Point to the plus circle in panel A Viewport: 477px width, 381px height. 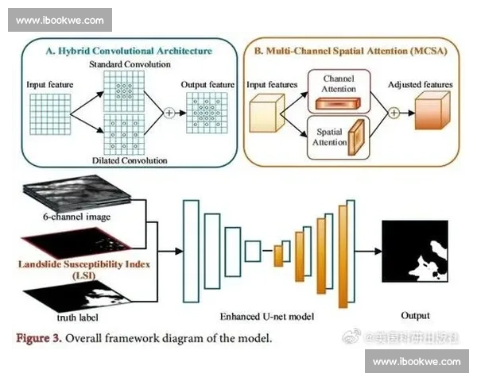point(169,112)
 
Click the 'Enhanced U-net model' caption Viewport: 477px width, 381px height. point(268,316)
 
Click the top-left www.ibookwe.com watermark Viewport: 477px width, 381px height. point(60,19)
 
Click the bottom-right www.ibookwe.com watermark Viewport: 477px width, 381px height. point(417,361)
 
